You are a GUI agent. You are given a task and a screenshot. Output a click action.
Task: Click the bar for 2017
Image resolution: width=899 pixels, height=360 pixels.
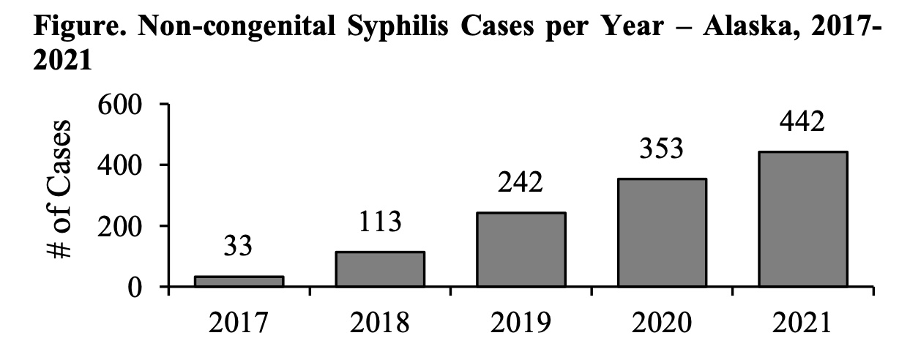(x=239, y=282)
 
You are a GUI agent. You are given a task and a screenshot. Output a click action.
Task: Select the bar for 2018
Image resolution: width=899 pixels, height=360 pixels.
(x=380, y=269)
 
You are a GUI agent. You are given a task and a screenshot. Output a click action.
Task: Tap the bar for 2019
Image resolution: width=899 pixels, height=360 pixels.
(x=521, y=250)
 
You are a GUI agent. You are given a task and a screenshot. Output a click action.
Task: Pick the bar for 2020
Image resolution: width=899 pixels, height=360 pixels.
(x=662, y=233)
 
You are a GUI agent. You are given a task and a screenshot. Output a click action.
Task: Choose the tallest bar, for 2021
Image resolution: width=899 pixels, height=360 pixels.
(x=802, y=220)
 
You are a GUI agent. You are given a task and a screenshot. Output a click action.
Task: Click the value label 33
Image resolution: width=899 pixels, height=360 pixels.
(x=239, y=246)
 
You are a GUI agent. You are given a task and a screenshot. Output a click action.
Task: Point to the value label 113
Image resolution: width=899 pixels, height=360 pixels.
(x=380, y=221)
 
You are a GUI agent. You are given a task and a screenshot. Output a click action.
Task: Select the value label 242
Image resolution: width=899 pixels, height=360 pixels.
(x=521, y=182)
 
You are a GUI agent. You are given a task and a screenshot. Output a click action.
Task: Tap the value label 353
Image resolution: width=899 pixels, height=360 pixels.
(x=662, y=149)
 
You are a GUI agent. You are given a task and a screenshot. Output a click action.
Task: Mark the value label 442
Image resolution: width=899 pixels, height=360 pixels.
(x=802, y=121)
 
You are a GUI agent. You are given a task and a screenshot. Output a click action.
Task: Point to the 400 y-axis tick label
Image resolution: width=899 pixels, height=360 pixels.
(x=120, y=165)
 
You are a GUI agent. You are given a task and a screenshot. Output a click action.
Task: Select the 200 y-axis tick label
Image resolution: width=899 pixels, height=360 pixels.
(x=120, y=226)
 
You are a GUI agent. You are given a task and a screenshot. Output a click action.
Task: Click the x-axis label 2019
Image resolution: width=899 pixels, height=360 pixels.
(x=521, y=323)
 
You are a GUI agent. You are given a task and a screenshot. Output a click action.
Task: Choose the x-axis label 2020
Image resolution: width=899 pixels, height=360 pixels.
(x=662, y=323)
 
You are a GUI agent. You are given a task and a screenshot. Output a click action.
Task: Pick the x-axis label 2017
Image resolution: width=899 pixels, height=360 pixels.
(x=239, y=323)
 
